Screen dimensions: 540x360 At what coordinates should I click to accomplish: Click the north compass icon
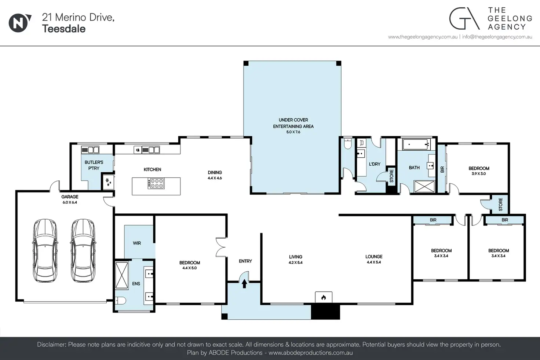pyautogui.click(x=19, y=23)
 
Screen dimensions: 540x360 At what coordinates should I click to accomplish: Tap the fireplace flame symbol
pyautogui.click(x=324, y=298)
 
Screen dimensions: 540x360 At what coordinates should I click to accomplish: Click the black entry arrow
pyautogui.click(x=244, y=284)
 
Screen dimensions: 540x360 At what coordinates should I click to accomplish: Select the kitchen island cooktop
pyautogui.click(x=156, y=183)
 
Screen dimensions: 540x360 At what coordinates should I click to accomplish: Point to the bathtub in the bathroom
pyautogui.click(x=416, y=144)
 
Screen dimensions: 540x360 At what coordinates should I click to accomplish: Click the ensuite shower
pyautogui.click(x=122, y=275)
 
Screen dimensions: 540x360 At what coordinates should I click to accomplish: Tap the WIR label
pyautogui.click(x=137, y=243)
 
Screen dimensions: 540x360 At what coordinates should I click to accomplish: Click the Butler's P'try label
pyautogui.click(x=94, y=165)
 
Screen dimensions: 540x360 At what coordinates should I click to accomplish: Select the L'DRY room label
pyautogui.click(x=375, y=164)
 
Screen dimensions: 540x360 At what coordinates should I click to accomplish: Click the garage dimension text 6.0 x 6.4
pyautogui.click(x=70, y=202)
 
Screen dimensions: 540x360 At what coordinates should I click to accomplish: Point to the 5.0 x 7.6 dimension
pyautogui.click(x=293, y=132)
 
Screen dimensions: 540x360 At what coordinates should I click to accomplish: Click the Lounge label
pyautogui.click(x=374, y=257)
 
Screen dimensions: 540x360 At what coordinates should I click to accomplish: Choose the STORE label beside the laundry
pyautogui.click(x=391, y=176)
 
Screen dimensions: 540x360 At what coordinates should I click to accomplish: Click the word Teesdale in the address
pyautogui.click(x=64, y=29)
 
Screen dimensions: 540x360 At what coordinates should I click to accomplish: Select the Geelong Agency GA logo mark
pyautogui.click(x=464, y=18)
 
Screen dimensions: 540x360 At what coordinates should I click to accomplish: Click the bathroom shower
pyautogui.click(x=424, y=187)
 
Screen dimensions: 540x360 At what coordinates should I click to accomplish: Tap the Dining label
pyautogui.click(x=215, y=173)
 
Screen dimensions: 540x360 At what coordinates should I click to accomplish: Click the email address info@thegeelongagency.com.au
pyautogui.click(x=497, y=37)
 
